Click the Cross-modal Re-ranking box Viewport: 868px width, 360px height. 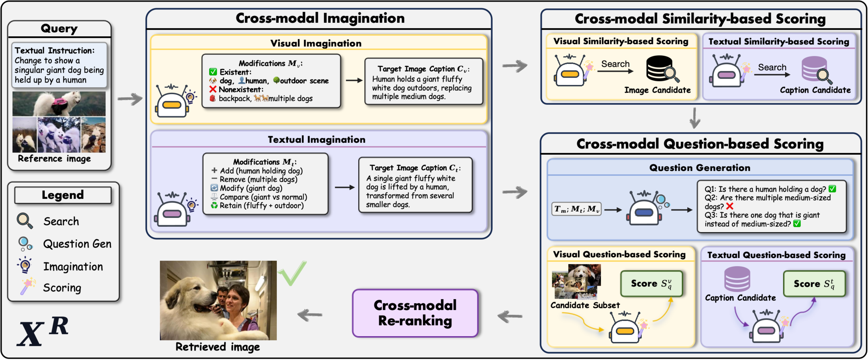(x=415, y=313)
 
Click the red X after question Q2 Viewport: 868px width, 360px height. (x=730, y=206)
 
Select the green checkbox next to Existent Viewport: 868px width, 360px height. (x=213, y=72)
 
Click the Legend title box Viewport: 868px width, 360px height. (x=63, y=195)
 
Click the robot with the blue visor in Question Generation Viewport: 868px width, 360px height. (x=644, y=209)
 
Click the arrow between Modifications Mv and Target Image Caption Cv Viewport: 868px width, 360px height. (x=354, y=80)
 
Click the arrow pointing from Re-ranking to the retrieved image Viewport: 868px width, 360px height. (x=310, y=315)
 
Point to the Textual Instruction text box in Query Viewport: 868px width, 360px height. (x=59, y=65)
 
